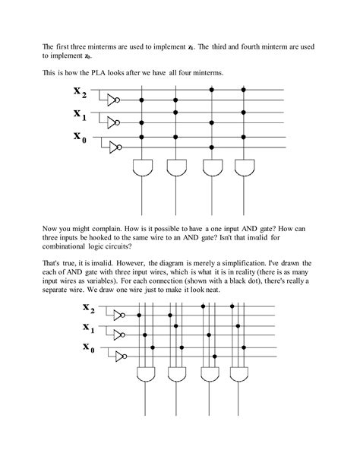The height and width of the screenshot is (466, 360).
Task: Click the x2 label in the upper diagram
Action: click(x=80, y=93)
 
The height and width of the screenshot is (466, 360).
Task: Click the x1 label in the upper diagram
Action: click(x=80, y=115)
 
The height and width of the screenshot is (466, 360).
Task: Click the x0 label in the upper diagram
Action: click(x=80, y=138)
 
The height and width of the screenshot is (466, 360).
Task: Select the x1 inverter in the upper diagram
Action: click(x=113, y=122)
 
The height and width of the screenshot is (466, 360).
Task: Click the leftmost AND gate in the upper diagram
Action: click(x=143, y=167)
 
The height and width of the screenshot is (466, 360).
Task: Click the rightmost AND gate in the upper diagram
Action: click(x=244, y=167)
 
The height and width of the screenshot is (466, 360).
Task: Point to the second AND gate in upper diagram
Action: click(x=177, y=167)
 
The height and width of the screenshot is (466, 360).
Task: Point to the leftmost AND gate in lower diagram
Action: click(x=145, y=373)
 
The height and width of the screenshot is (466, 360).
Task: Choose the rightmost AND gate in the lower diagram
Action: click(x=239, y=373)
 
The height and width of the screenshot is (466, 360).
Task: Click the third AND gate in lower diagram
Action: click(x=208, y=373)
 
